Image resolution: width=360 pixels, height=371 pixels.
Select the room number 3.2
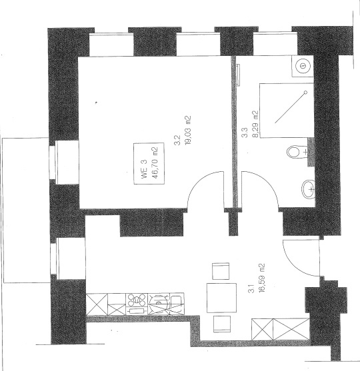(177, 140)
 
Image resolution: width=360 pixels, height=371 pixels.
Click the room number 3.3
(245, 133)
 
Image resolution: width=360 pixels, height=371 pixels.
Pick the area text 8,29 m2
(255, 124)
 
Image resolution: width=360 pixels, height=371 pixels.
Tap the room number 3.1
(251, 288)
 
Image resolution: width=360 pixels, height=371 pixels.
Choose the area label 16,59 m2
(262, 278)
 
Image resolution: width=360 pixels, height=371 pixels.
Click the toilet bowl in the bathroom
(294, 152)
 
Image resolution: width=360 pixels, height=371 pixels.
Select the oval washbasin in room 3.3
(308, 188)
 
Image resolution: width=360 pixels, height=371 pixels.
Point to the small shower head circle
(305, 92)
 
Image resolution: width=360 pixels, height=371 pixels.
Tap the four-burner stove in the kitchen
(137, 300)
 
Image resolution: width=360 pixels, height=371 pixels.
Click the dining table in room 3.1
(222, 298)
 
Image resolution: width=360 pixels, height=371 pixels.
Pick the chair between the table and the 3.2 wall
(221, 271)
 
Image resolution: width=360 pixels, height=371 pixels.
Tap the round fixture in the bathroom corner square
(303, 65)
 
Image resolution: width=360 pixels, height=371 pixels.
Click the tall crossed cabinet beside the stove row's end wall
(97, 304)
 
